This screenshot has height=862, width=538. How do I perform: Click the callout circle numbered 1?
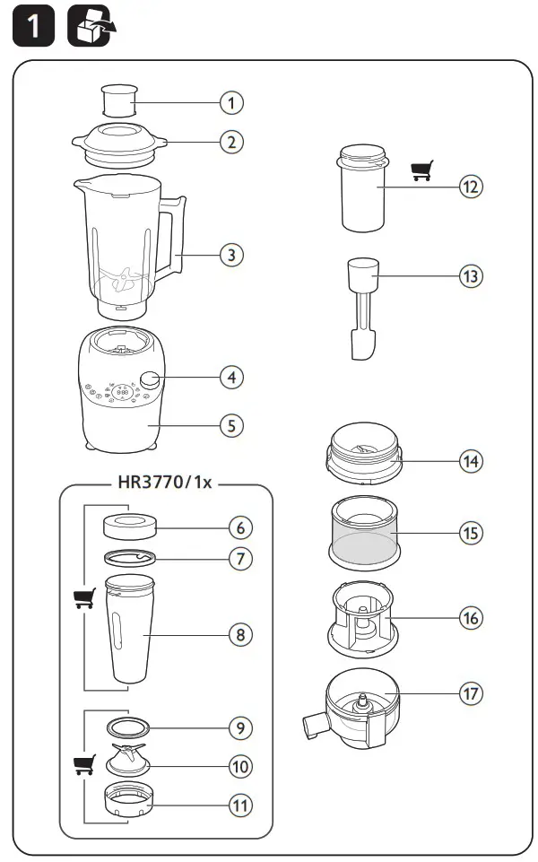232,102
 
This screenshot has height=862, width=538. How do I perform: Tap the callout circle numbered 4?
232,377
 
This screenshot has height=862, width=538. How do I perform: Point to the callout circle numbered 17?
470,693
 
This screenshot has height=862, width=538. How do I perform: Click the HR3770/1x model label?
164,482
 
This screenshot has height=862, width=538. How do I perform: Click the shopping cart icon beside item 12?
421,170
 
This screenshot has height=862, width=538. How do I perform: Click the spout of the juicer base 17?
313,723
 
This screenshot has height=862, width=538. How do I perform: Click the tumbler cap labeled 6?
126,524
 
